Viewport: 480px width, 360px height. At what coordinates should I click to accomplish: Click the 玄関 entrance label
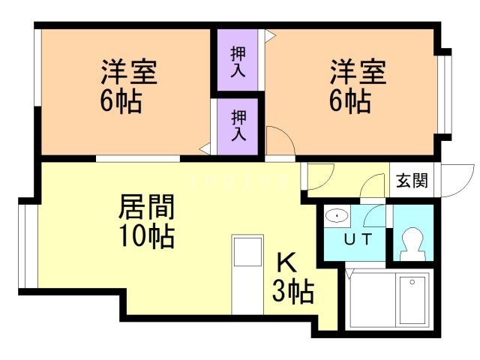point(412,181)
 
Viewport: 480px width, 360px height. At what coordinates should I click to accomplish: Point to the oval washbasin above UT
point(338,216)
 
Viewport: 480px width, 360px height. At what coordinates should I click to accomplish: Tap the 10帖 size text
point(147,236)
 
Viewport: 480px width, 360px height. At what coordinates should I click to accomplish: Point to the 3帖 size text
point(292,290)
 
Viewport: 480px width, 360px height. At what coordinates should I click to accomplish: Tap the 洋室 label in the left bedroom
point(129,73)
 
